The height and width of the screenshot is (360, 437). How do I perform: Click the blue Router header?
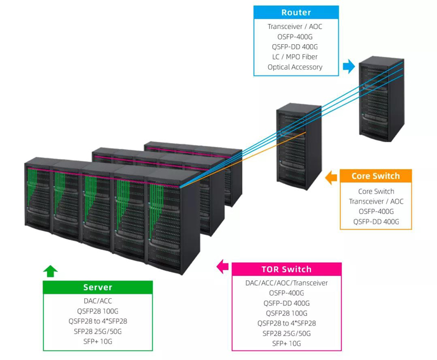tap(296, 12)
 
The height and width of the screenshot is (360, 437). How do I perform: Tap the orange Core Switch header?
tap(376, 176)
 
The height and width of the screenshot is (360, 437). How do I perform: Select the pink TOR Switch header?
tap(286, 269)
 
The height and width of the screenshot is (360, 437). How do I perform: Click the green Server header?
tap(98, 287)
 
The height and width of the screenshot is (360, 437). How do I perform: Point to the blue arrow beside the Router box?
tap(349, 66)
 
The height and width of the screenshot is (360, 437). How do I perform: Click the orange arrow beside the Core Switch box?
tap(331, 178)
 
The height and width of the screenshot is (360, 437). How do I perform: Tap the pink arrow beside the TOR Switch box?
tap(222, 267)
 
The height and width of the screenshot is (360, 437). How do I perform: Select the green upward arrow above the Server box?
tap(50, 271)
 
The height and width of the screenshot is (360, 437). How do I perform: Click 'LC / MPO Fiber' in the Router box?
tap(295, 57)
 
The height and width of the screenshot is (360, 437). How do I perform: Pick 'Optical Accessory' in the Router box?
tap(295, 67)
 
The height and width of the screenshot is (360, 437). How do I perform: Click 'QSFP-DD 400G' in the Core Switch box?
tap(376, 222)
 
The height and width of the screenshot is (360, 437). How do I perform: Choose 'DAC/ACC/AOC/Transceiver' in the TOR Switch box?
tap(286, 283)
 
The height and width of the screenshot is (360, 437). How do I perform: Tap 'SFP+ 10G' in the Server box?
tap(98, 341)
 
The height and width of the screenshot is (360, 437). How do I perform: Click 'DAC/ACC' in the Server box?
tap(98, 301)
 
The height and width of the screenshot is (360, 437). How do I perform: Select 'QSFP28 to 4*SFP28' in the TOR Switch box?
tap(286, 323)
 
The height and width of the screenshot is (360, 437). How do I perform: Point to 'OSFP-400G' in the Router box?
tap(295, 37)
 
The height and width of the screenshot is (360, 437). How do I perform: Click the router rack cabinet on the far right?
tap(381, 99)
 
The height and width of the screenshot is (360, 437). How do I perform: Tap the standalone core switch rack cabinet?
tap(299, 146)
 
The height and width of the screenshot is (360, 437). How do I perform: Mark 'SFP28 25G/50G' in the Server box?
tap(98, 332)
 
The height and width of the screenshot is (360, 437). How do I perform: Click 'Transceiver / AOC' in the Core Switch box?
tap(376, 202)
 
